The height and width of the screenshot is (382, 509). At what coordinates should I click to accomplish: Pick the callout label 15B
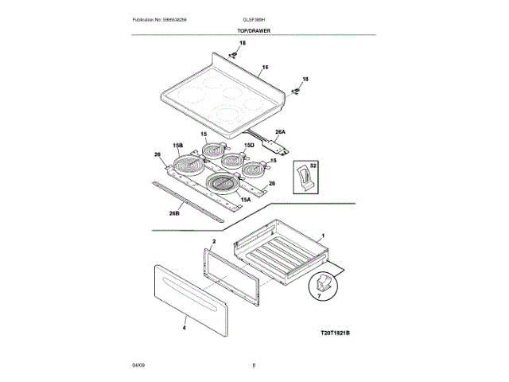(178, 146)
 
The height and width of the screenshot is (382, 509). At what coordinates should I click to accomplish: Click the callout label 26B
(173, 214)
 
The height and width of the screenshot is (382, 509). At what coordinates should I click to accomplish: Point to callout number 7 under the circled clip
(321, 296)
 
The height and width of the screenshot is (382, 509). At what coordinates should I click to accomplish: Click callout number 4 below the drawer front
(184, 327)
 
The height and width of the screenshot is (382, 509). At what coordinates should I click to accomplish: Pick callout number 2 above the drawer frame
(214, 240)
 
